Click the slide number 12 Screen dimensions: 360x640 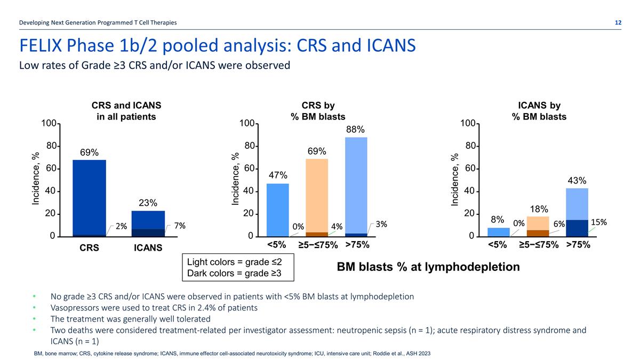pyautogui.click(x=618, y=22)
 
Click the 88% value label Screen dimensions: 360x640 pyautogui.click(x=355, y=130)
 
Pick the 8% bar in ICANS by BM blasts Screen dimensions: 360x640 pyautogui.click(x=499, y=232)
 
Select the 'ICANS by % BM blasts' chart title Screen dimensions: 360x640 pyautogui.click(x=539, y=111)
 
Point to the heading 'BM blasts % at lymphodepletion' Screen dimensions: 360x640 pyautogui.click(x=428, y=267)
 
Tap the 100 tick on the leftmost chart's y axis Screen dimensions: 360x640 pyautogui.click(x=49, y=124)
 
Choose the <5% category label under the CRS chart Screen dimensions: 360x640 pyautogui.click(x=277, y=245)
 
